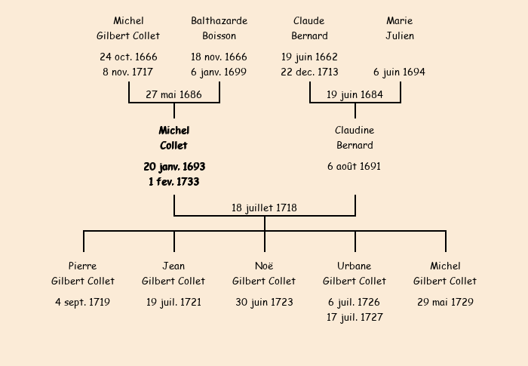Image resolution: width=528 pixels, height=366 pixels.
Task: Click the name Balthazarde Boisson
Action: click(219, 28)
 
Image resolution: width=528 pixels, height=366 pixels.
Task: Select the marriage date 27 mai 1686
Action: click(173, 94)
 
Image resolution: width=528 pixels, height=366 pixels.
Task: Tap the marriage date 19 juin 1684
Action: click(355, 94)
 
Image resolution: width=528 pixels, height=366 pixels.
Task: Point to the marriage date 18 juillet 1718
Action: click(264, 208)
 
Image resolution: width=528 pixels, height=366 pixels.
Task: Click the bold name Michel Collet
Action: click(173, 138)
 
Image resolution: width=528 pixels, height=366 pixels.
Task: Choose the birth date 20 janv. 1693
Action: click(173, 166)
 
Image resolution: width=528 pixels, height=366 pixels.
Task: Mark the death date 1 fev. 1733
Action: click(173, 181)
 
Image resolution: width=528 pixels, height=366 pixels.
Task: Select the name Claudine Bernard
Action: click(355, 138)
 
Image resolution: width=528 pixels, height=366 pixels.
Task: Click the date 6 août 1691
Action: click(355, 166)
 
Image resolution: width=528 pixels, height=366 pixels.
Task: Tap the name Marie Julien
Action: click(400, 28)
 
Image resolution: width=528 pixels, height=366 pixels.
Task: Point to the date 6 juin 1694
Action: click(400, 72)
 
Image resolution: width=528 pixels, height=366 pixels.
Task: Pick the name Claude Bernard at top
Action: click(309, 28)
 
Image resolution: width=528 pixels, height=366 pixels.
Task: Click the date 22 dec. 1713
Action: click(309, 72)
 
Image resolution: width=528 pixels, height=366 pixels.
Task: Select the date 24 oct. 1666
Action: click(128, 57)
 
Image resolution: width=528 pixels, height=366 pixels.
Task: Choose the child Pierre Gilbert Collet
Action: click(83, 273)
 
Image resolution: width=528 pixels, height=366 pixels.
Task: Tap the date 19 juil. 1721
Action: click(173, 302)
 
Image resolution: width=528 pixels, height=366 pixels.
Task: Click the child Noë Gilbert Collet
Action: click(264, 273)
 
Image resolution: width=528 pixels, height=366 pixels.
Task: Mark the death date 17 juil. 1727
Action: click(355, 317)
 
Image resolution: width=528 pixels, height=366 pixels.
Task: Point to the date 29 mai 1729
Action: click(445, 302)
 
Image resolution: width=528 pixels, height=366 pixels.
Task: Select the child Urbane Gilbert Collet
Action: click(355, 273)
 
